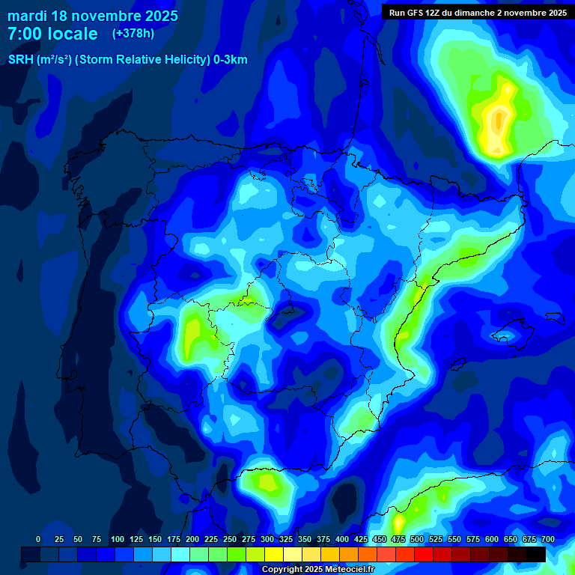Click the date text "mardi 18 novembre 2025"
pyautogui.click(x=93, y=16)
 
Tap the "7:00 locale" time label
pyautogui.click(x=52, y=34)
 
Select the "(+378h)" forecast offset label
pyautogui.click(x=133, y=34)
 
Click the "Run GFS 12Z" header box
pyautogui.click(x=477, y=12)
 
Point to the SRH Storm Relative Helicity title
pyautogui.click(x=127, y=60)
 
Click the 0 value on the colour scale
pyautogui.click(x=38, y=539)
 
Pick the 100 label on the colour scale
pyautogui.click(x=118, y=539)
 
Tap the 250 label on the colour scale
pyautogui.click(x=230, y=539)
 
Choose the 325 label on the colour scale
pyautogui.click(x=286, y=539)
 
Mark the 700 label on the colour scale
pyautogui.click(x=547, y=539)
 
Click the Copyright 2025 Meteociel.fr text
pyautogui.click(x=317, y=569)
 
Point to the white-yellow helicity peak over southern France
pyautogui.click(x=498, y=120)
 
